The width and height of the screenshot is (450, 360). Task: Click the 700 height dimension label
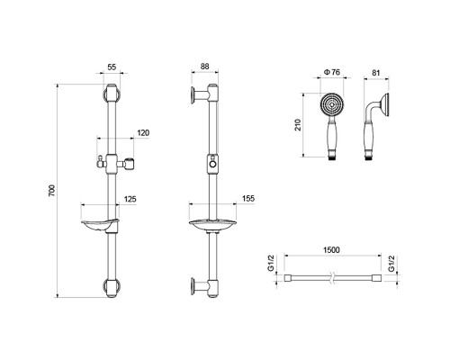coord(51,191)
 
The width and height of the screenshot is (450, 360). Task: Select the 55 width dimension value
coord(112,67)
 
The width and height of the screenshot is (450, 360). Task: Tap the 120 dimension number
coord(143,132)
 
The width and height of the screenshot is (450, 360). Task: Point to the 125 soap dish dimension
coord(130,199)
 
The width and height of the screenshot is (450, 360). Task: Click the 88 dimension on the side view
coord(204,67)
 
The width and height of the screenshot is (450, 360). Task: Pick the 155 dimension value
coord(248,198)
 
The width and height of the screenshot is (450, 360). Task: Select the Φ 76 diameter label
coord(332,72)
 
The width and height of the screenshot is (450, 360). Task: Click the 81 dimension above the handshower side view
coord(375,73)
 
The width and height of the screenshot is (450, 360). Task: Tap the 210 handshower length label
coord(298,125)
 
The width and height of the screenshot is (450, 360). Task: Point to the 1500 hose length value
coord(331,250)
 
